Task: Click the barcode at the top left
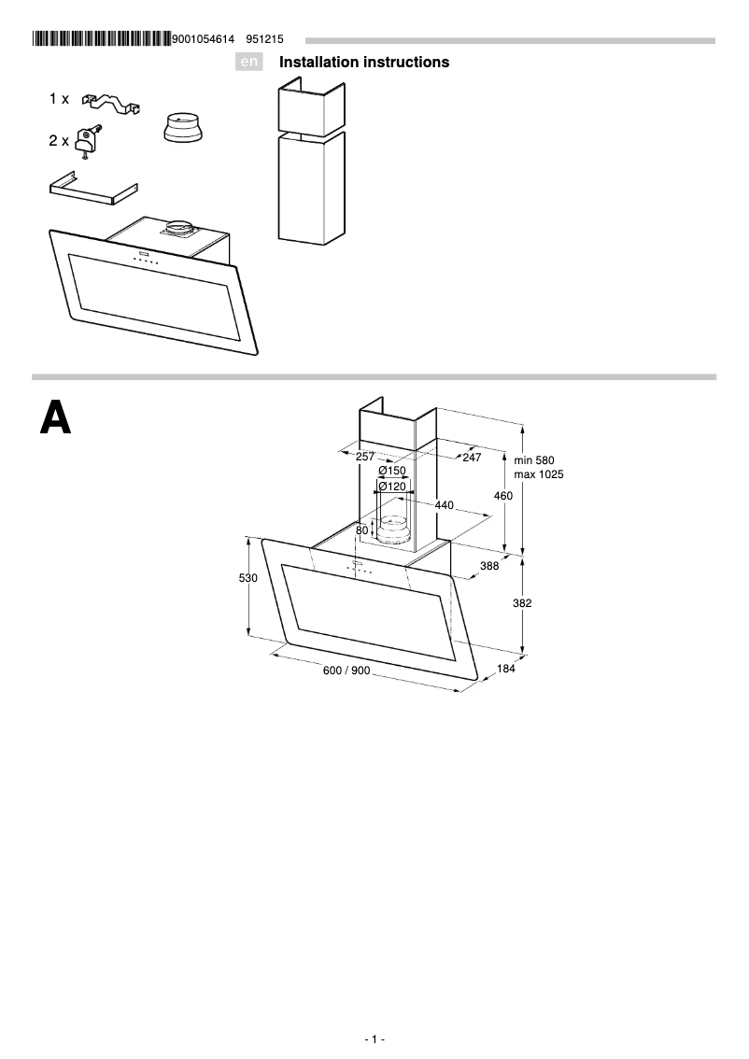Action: coord(101,39)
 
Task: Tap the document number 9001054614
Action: coord(203,39)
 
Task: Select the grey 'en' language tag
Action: coord(248,63)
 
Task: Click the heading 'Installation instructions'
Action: coord(364,63)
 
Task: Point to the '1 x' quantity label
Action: coord(59,98)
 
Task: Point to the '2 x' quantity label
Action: coord(59,141)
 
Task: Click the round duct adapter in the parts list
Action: coord(183,127)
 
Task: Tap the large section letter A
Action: coord(55,419)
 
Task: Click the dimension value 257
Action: coord(365,457)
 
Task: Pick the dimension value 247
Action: coord(472,457)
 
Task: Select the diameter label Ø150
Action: coord(392,472)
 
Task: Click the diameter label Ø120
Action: coord(392,487)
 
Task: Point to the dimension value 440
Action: coord(444,505)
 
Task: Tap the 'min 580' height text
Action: coord(534,460)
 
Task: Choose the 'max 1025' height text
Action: coord(539,474)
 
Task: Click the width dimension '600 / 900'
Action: coord(347,672)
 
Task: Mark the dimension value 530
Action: coord(247,579)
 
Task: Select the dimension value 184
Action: coord(505,669)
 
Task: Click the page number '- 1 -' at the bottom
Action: coord(374,1039)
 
